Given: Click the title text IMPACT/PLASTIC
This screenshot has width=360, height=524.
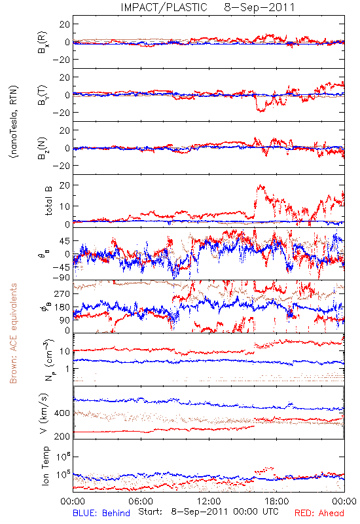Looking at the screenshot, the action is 164,7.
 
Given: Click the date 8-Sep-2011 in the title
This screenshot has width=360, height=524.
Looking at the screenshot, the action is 259,7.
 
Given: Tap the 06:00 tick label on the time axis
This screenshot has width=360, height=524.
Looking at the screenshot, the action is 141,501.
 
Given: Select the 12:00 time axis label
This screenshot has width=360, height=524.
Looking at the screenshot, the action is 209,501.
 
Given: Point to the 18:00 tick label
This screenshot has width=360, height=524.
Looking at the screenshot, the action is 277,501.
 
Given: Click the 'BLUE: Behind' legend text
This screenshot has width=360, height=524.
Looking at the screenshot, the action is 101,513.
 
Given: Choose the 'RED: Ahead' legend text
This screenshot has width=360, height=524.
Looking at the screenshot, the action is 319,513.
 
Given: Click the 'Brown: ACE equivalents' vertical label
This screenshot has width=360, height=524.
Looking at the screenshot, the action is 13,333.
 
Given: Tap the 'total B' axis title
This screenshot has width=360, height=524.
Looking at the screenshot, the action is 48,201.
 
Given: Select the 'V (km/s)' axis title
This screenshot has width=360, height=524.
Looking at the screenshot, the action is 45,413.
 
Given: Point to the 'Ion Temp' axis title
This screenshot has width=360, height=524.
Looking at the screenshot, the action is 45,466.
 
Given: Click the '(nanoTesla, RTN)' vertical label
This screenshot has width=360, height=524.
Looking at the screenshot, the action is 14,122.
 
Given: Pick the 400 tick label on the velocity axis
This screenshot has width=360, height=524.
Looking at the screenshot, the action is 62,413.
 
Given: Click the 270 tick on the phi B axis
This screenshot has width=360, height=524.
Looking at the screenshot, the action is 62,294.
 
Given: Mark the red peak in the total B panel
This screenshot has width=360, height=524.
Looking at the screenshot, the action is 259,185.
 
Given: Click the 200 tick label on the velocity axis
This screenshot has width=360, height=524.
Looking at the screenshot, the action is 62,436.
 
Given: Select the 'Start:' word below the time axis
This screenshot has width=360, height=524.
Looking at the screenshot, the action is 151,512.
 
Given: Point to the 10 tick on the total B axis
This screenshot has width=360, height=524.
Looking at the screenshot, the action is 64,206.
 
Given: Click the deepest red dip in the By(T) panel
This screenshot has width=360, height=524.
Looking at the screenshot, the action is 261,111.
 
